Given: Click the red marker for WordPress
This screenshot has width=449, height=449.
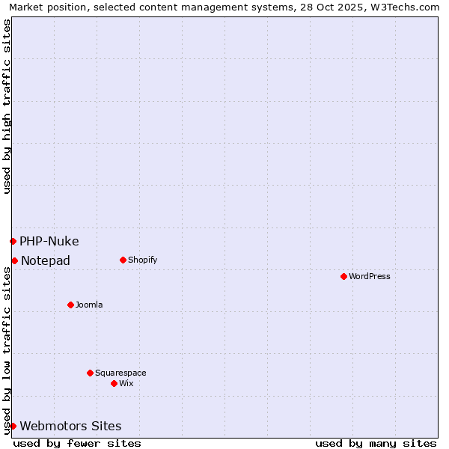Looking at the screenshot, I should pyautogui.click(x=343, y=276).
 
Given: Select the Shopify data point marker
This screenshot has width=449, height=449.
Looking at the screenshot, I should pyautogui.click(x=123, y=260).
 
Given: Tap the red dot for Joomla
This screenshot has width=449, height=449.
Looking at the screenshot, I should pyautogui.click(x=70, y=305).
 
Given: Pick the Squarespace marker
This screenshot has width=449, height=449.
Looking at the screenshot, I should pyautogui.click(x=90, y=373).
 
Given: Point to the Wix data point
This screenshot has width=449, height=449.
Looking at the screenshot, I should pyautogui.click(x=114, y=383).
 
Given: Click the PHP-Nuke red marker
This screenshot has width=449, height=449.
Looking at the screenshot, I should pyautogui.click(x=13, y=241).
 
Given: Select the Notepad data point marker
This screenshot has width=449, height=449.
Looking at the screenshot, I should pyautogui.click(x=14, y=260).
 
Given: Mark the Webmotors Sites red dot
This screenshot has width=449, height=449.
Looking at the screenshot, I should pyautogui.click(x=13, y=426).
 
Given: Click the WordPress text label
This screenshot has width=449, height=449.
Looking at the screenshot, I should pyautogui.click(x=370, y=276).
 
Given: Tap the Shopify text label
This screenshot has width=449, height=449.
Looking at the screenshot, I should pyautogui.click(x=142, y=260).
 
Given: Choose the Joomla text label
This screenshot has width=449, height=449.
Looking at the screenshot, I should pyautogui.click(x=89, y=305).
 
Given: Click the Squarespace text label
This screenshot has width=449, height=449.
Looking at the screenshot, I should pyautogui.click(x=120, y=373).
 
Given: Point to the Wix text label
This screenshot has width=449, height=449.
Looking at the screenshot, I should pyautogui.click(x=126, y=383).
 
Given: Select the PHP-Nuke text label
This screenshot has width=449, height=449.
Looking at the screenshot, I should pyautogui.click(x=49, y=241).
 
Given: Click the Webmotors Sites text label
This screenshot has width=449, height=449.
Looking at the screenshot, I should pyautogui.click(x=70, y=426).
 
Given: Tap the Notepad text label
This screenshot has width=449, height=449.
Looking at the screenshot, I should pyautogui.click(x=46, y=260).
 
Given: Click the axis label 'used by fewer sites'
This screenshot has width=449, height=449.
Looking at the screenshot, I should pyautogui.click(x=77, y=443).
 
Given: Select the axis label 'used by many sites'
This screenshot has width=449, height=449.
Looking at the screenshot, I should pyautogui.click(x=376, y=443).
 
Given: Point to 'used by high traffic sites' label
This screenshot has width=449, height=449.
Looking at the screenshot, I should pyautogui.click(x=7, y=106).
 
